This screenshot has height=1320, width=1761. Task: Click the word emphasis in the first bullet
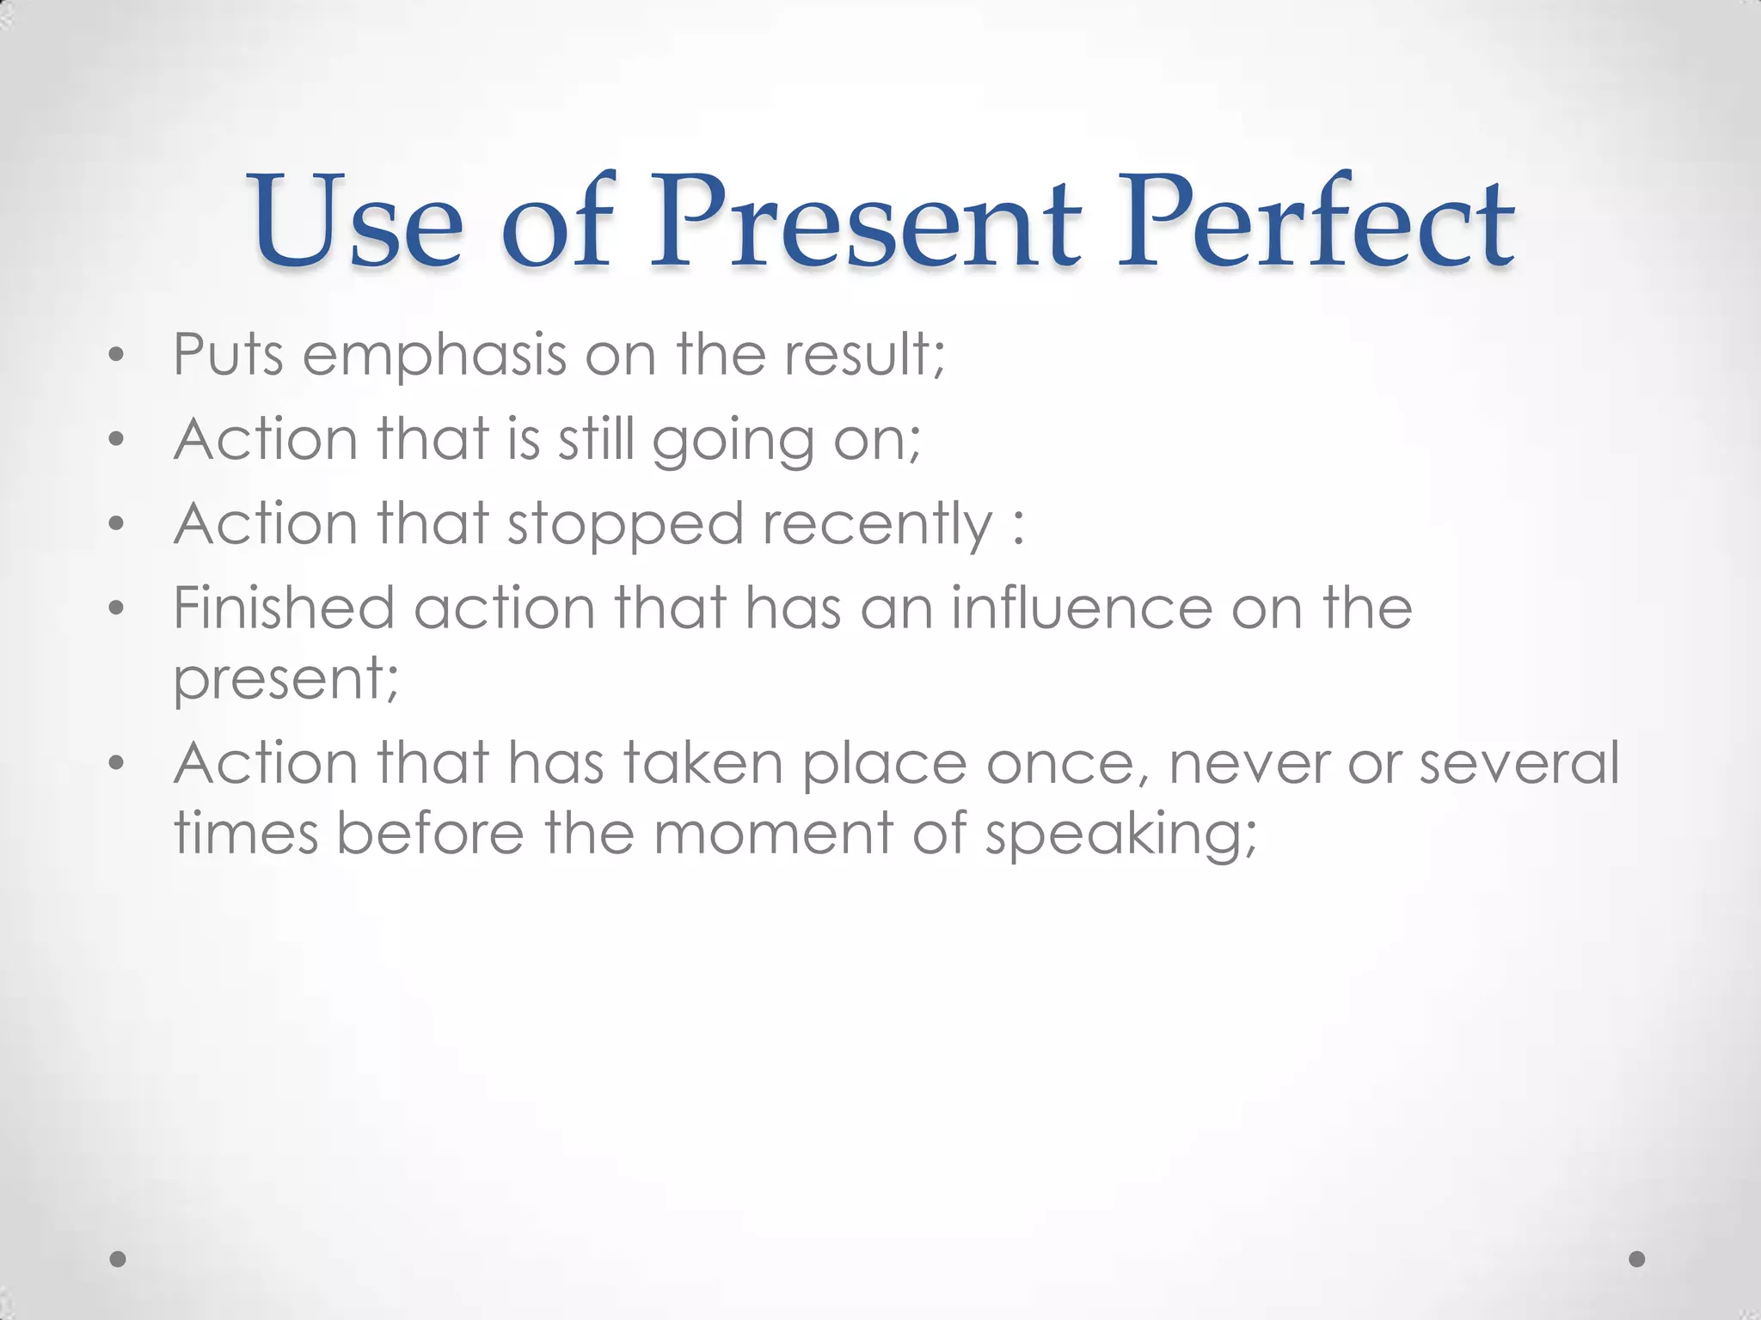(x=434, y=355)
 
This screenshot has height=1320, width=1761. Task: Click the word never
(x=1248, y=764)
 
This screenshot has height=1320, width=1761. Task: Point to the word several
(x=1519, y=762)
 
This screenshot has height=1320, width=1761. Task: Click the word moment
(x=773, y=833)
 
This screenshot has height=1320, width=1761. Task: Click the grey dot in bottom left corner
(x=119, y=1259)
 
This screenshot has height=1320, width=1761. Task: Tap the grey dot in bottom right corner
(x=1637, y=1259)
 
